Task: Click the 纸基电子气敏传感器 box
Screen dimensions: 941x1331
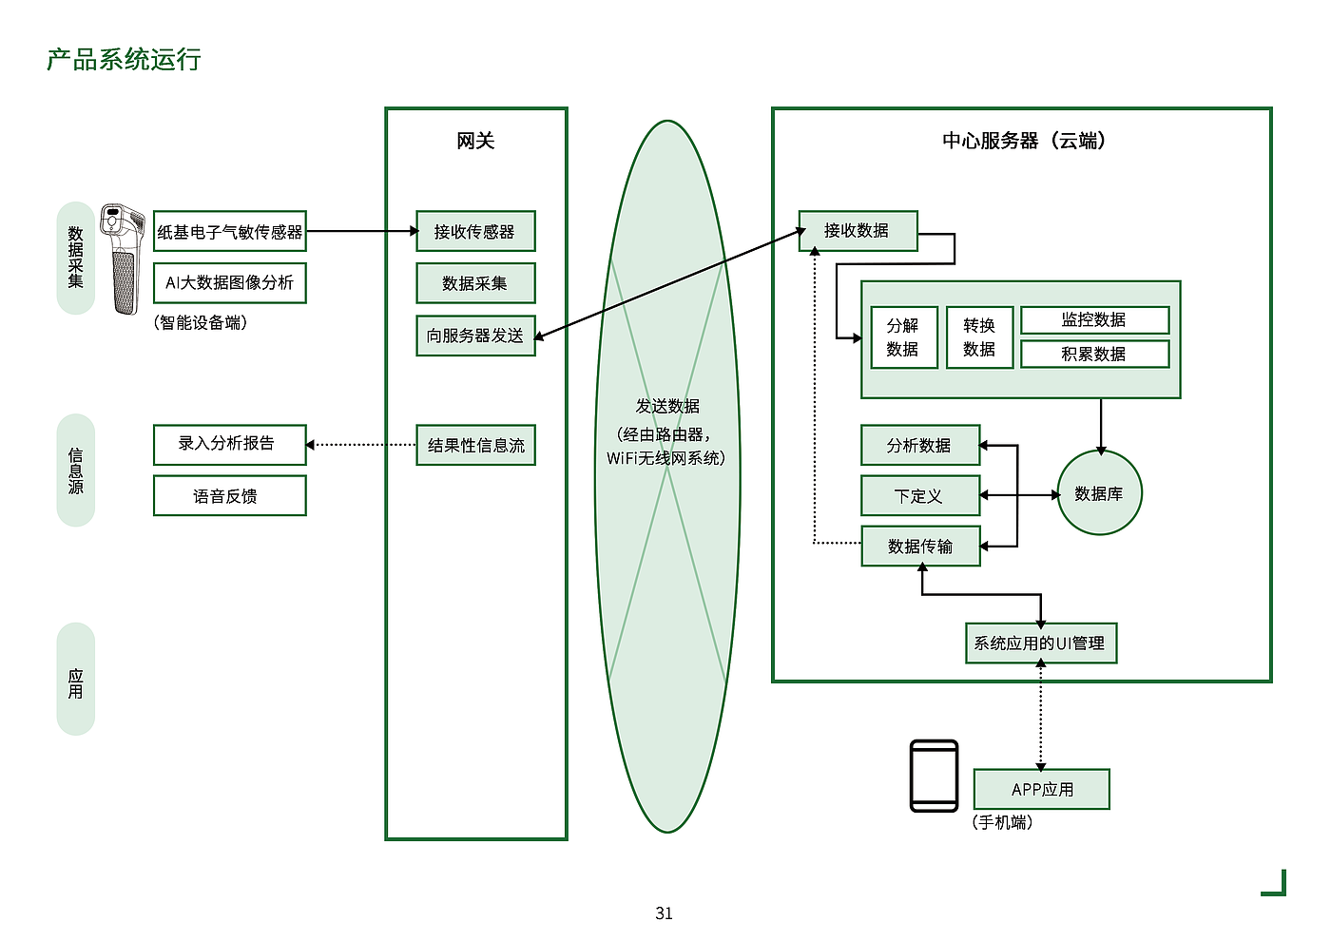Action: (230, 231)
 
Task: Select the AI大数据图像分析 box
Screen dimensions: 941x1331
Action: (230, 283)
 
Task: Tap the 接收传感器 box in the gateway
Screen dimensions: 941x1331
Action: (475, 231)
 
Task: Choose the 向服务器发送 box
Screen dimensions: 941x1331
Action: (475, 336)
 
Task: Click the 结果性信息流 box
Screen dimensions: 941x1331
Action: (475, 445)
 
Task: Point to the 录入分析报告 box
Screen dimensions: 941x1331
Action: (230, 444)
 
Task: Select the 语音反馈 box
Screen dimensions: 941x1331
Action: (230, 496)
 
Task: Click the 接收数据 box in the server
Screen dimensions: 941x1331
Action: (858, 231)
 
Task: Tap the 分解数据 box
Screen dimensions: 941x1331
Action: (903, 337)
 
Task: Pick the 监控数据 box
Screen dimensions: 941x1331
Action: (1094, 320)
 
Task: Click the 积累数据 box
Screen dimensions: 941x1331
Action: (1094, 354)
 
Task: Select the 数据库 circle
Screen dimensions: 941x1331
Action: (1099, 493)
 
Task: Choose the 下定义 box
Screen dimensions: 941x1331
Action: (919, 496)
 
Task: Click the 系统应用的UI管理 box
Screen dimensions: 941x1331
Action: (1040, 643)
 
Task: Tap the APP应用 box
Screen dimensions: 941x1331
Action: (1042, 789)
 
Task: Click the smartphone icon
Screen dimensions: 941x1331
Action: (934, 776)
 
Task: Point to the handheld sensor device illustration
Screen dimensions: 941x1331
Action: (124, 259)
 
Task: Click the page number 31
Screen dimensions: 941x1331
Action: (664, 913)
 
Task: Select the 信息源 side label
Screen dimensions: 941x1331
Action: (76, 470)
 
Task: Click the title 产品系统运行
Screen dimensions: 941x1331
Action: (124, 60)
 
